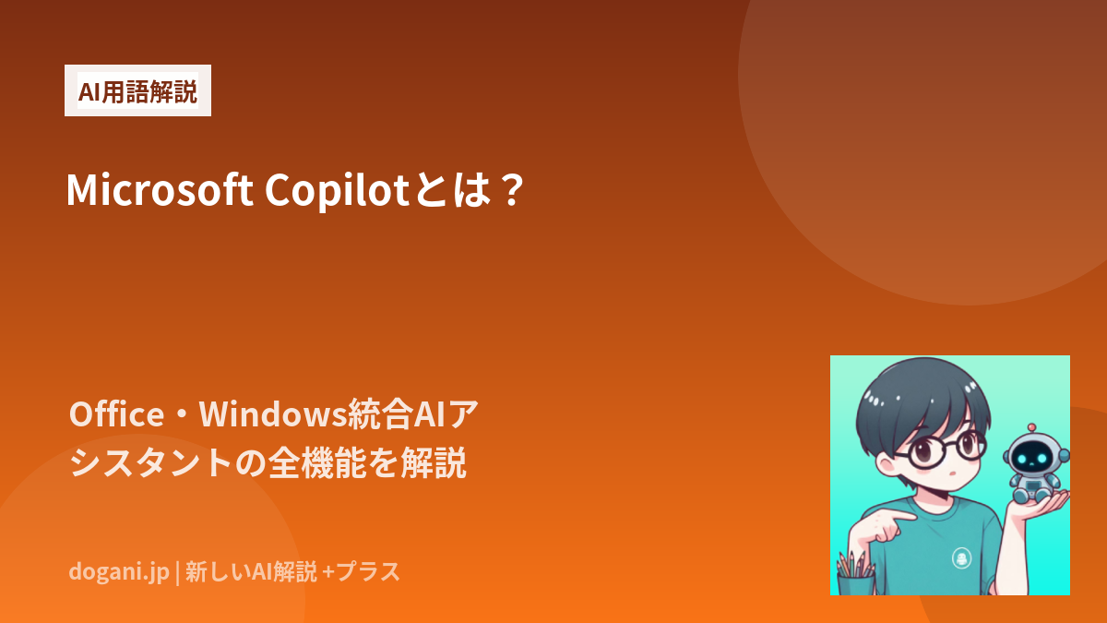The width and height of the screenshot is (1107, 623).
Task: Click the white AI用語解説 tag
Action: pos(137,90)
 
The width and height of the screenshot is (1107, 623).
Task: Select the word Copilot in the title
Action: pos(337,191)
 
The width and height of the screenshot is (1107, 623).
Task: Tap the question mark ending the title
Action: pos(511,190)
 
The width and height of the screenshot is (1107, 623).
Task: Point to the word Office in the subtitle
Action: pos(116,413)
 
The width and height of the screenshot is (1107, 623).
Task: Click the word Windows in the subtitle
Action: pos(273,413)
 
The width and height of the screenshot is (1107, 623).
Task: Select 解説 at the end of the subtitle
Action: pos(434,462)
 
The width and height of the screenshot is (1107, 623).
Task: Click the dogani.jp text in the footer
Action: pos(119,572)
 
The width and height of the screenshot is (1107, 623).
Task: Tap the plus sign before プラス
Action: pos(327,572)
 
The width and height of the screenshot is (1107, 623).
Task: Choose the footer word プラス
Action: pos(368,571)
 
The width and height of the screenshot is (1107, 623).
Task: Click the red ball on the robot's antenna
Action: pos(1031,427)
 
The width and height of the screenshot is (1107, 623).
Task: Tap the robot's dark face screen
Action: pos(1033,458)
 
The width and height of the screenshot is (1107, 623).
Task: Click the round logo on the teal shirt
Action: pos(961,558)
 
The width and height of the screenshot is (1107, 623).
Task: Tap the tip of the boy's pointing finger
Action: pos(914,517)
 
